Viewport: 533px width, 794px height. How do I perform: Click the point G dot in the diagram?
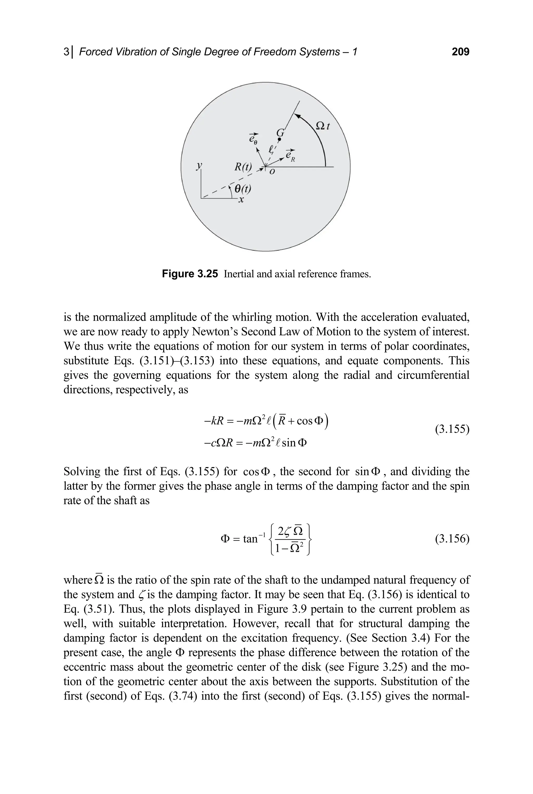pos(280,139)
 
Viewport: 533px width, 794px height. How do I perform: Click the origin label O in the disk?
pos(272,172)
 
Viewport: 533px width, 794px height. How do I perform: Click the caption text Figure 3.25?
pos(190,274)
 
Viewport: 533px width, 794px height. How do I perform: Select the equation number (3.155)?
pos(452,430)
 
